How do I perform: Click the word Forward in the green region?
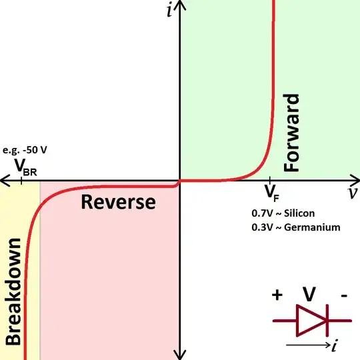pos(293,133)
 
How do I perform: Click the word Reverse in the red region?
pos(118,202)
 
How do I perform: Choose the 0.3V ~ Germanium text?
pos(293,227)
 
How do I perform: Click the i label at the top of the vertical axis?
pos(170,11)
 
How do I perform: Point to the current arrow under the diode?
pos(307,345)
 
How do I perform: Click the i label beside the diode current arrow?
pos(331,345)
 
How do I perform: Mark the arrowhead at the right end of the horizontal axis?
pos(354,180)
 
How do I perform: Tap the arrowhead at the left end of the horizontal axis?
pos(5,180)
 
